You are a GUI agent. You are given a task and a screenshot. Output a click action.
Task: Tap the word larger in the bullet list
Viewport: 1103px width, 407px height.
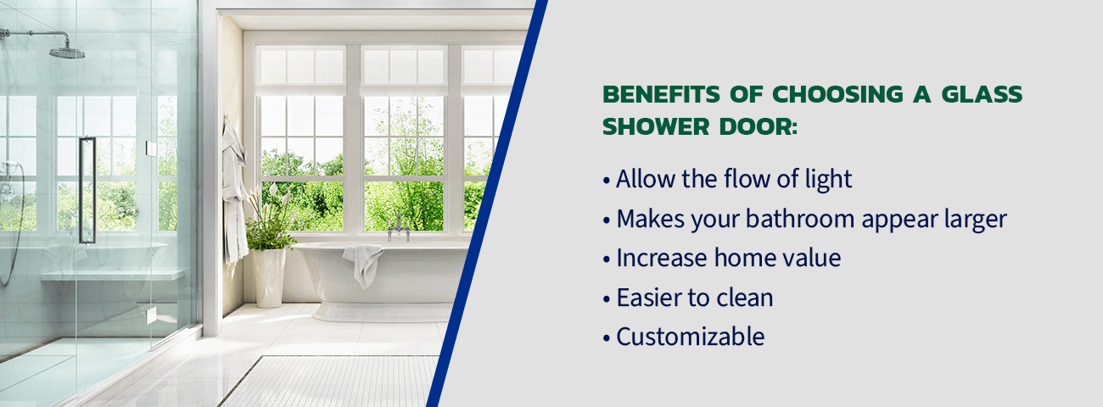pyautogui.click(x=972, y=219)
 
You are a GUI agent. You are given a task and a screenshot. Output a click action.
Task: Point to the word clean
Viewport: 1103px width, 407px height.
pyautogui.click(x=742, y=298)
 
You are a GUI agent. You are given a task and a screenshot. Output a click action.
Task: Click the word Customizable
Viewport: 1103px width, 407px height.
pyautogui.click(x=690, y=337)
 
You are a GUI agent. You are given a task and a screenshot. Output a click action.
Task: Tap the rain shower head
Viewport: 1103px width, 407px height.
pyautogui.click(x=66, y=52)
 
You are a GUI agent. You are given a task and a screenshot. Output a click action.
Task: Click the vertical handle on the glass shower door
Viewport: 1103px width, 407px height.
pyautogui.click(x=87, y=189)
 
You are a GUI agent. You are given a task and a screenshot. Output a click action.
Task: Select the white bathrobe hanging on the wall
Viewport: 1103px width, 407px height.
pyautogui.click(x=232, y=191)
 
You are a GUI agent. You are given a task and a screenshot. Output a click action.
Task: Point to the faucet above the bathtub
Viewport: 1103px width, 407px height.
pyautogui.click(x=398, y=226)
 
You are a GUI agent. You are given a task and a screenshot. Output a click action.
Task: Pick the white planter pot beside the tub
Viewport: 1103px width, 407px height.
pyautogui.click(x=270, y=276)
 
